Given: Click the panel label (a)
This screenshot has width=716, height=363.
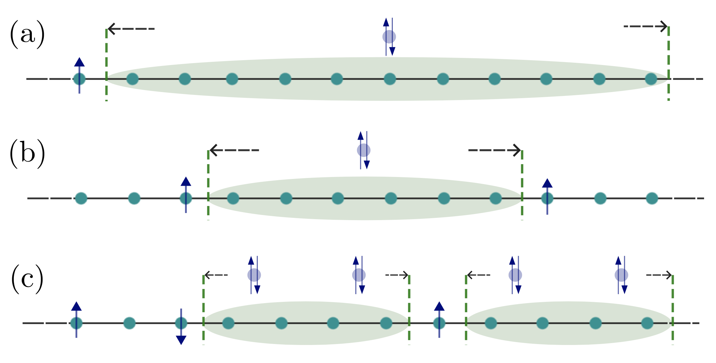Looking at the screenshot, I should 27,35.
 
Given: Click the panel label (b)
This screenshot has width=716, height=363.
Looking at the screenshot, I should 27,154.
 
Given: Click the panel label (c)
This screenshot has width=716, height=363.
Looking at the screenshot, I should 27,279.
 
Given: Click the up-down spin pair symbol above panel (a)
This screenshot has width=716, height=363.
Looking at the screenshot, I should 389,37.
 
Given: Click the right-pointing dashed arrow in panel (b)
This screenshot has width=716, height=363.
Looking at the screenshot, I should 494,150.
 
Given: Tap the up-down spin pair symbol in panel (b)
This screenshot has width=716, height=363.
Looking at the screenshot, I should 363,150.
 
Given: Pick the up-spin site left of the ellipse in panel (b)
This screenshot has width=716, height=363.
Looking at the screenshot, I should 186,197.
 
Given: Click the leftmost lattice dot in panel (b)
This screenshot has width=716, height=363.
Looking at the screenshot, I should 81,198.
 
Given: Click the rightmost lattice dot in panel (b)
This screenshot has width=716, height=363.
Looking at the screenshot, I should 652,198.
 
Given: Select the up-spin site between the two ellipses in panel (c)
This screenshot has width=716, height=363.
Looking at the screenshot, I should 439,322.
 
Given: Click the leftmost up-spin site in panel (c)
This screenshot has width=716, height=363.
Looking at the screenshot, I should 76,322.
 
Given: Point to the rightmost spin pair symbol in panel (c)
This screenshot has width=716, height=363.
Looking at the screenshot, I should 621,275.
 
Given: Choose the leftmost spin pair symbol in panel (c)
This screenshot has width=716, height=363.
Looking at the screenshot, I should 254,275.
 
